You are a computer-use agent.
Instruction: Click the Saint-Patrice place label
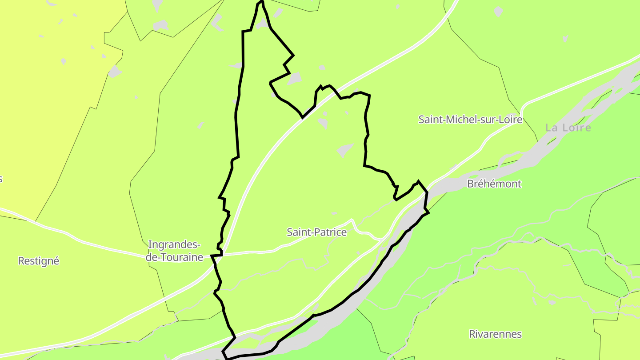click(x=316, y=232)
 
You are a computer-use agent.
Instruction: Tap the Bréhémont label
click(x=494, y=184)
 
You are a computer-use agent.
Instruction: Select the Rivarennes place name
click(x=495, y=334)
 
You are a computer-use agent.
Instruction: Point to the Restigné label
click(x=38, y=261)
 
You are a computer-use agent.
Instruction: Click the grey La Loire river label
click(x=568, y=128)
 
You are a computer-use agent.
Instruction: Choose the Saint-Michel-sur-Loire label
click(x=470, y=119)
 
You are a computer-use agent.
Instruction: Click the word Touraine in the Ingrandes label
click(x=181, y=257)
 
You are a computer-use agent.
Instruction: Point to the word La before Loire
click(x=552, y=128)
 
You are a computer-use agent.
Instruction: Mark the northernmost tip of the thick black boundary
click(x=261, y=1)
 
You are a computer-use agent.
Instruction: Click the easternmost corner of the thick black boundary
click(x=428, y=213)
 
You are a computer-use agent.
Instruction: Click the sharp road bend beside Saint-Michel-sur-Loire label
click(x=523, y=107)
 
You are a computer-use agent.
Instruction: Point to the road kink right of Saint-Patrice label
click(x=352, y=221)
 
